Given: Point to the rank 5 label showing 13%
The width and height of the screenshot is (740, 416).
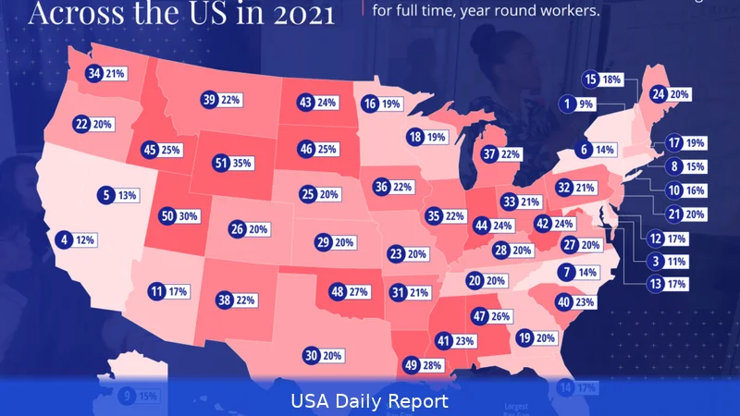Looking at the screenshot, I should tap(119, 195).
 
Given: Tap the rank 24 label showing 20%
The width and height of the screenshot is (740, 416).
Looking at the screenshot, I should tap(672, 94).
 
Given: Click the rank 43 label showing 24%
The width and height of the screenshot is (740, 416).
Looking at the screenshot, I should tap(317, 104).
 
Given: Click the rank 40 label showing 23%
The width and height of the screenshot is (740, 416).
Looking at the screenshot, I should tap(576, 302).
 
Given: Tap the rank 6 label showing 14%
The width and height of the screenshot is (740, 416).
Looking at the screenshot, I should tap(597, 149).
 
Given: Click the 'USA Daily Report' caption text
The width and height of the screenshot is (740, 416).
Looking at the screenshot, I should tap(370, 401).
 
